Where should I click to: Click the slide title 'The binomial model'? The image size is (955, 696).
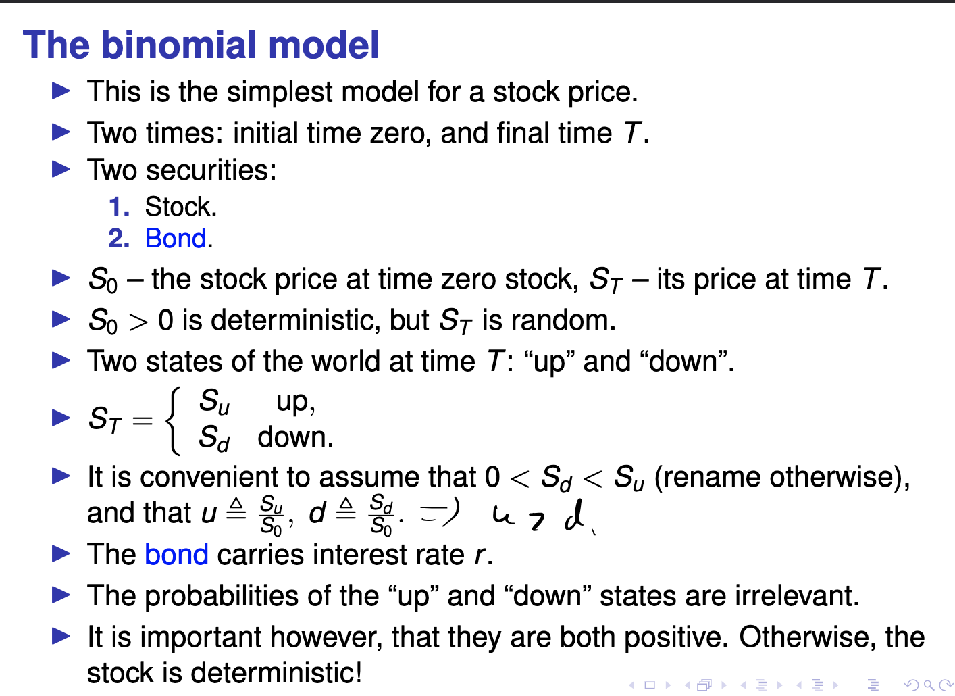tap(201, 45)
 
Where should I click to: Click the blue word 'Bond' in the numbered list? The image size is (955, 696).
tap(175, 239)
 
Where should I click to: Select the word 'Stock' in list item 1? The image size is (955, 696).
tap(179, 207)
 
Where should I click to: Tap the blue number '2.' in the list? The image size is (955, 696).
tap(119, 239)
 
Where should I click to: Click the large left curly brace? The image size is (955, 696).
tap(174, 420)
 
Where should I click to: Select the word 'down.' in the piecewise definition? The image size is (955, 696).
tap(295, 437)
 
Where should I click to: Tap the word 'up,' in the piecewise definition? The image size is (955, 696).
tap(295, 402)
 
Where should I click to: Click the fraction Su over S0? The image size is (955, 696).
tap(272, 515)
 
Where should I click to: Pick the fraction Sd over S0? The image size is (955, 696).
tap(381, 515)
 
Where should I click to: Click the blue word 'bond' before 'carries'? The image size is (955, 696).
tap(176, 555)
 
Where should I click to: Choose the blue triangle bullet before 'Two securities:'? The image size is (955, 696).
tap(61, 169)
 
